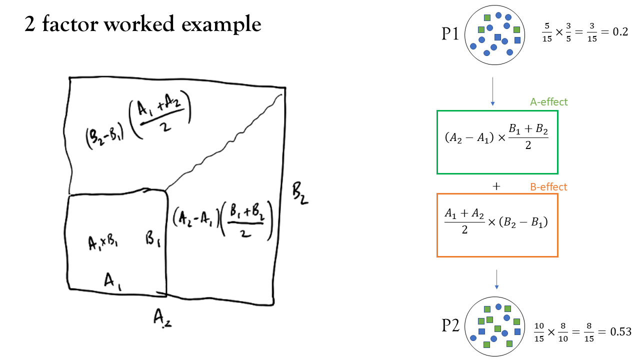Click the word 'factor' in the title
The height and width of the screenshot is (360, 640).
pos(70,23)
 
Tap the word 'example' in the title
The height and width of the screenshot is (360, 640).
pos(221,25)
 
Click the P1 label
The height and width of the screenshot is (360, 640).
pos(450,33)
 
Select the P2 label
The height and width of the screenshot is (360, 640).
pos(450,325)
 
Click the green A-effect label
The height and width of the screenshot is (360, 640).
pos(549,102)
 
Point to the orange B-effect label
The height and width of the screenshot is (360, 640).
pos(548,187)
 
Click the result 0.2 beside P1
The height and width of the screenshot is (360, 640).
pos(620,31)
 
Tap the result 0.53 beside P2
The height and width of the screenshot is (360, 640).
pos(620,331)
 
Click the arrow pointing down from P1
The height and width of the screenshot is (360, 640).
pos(492,91)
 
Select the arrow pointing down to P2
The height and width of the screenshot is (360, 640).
pos(496,279)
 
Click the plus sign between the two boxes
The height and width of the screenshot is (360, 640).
pos(496,186)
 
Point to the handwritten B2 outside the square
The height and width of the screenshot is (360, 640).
pos(300,194)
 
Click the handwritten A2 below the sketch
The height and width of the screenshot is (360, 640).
pos(162,318)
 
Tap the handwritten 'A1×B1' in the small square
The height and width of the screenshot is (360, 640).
pos(103,243)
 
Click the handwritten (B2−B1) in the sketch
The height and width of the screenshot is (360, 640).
pos(104,137)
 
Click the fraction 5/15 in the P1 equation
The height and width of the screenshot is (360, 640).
pos(547,32)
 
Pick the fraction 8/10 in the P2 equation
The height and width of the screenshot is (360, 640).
pos(563,332)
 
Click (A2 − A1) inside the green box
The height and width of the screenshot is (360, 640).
pos(469,137)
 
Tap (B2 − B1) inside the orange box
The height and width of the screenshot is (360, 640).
pos(523,222)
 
